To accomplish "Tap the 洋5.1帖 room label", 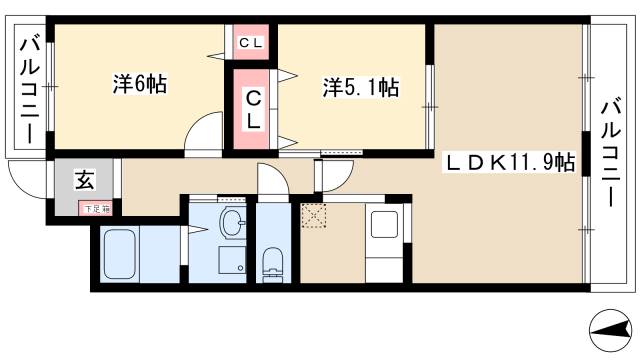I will click(x=361, y=88).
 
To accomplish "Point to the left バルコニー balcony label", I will click(x=30, y=88).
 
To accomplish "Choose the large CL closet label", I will click(x=255, y=108).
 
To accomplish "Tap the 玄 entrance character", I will click(x=84, y=181).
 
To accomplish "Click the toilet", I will click(x=272, y=262).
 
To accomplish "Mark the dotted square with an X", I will click(x=313, y=216).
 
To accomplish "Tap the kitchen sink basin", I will click(x=384, y=227).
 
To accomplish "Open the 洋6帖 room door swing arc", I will click(x=205, y=132).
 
